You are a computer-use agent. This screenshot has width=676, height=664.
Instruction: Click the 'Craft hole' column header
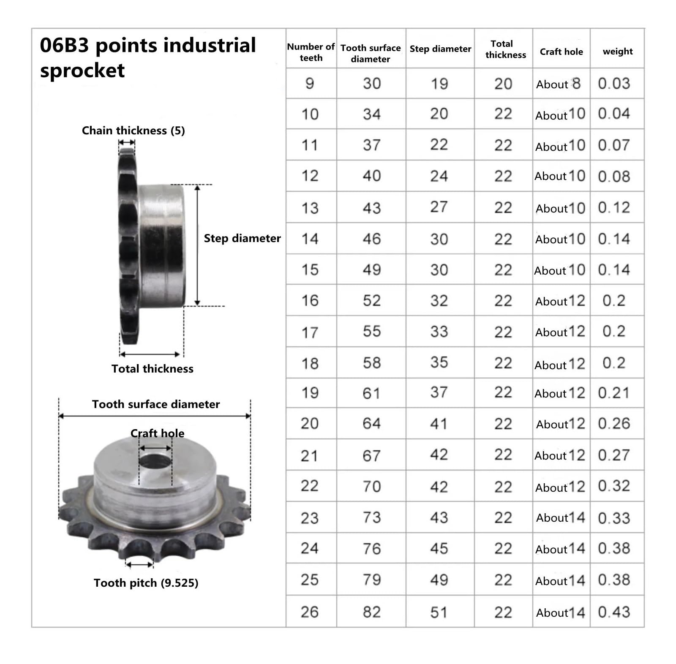click(561, 52)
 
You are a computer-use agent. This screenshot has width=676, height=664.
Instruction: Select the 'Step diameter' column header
click(440, 49)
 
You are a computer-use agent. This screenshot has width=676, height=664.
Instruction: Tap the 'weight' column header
click(617, 52)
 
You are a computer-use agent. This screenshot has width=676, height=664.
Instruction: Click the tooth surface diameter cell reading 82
click(371, 612)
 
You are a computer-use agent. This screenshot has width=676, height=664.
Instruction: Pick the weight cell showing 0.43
click(614, 612)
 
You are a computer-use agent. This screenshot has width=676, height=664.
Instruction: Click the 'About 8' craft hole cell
click(559, 84)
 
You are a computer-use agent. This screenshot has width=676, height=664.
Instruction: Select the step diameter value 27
click(439, 207)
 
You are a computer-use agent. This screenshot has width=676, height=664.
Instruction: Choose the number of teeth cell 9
click(310, 83)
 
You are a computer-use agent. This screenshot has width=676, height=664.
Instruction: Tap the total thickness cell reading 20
click(503, 84)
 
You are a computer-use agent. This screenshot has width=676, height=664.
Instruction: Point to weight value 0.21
click(614, 393)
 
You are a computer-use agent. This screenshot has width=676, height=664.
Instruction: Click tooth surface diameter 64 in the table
click(371, 423)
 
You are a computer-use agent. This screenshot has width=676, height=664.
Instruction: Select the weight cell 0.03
click(614, 83)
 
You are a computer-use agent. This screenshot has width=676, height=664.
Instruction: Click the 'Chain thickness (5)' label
click(133, 131)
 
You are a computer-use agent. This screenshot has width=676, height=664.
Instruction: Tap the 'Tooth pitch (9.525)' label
click(146, 583)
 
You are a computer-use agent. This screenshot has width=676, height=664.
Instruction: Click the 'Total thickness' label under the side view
click(152, 369)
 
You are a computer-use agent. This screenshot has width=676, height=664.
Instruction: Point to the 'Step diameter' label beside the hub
click(242, 238)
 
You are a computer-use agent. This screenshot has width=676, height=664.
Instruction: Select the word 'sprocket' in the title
click(82, 71)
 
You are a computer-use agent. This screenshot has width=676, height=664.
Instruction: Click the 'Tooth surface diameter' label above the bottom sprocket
click(156, 404)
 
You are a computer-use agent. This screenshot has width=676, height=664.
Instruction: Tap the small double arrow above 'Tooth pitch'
click(139, 564)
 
